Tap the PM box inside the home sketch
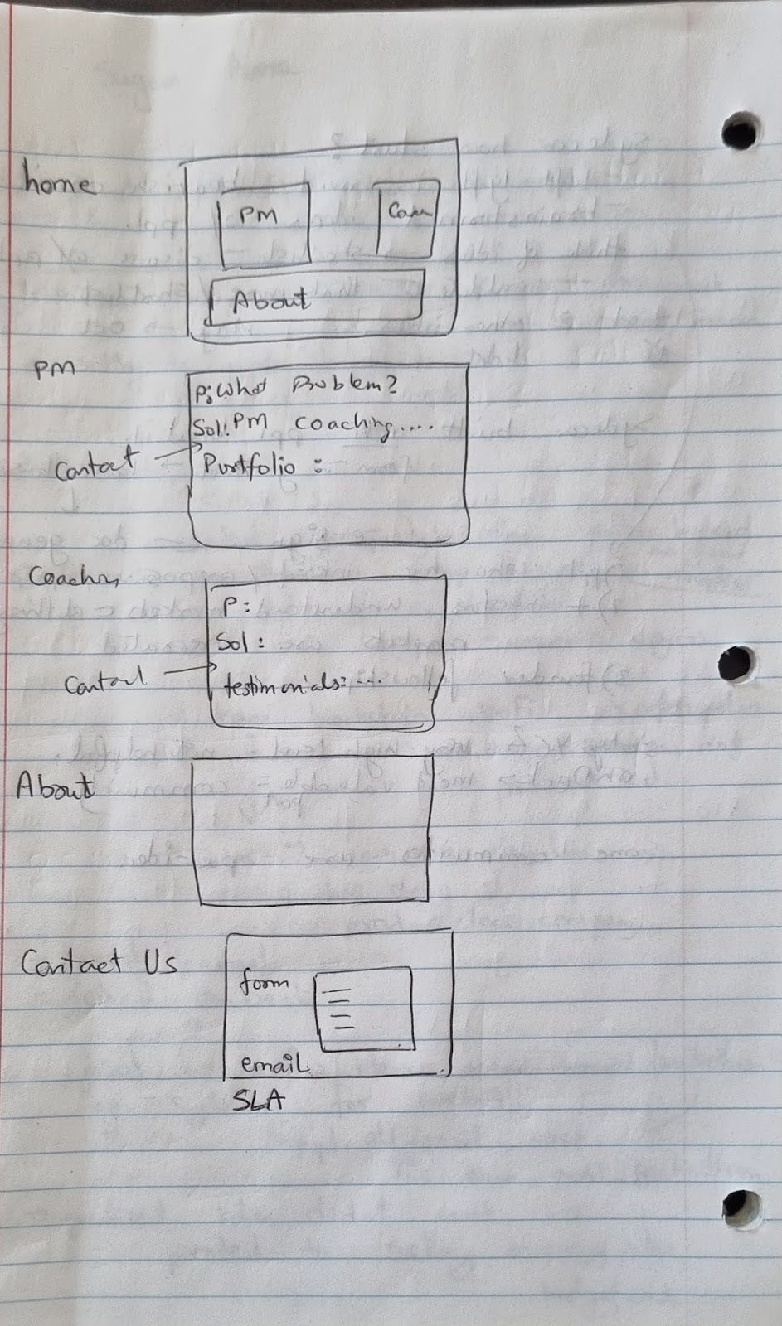(264, 224)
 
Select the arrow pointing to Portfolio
(172, 453)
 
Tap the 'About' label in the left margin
(55, 785)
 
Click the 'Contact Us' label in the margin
(98, 963)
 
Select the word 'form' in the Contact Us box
(265, 983)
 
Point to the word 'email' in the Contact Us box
(274, 1062)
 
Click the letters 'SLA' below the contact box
(258, 1100)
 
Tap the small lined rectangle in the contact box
(364, 1009)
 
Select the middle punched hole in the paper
(737, 664)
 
